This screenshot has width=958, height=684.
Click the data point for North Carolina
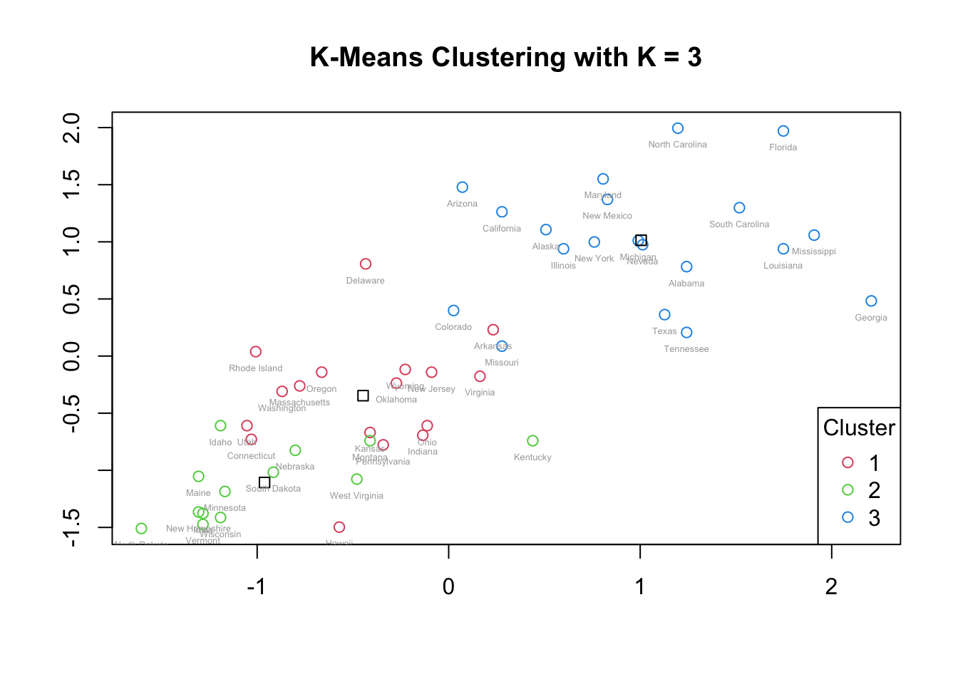[x=678, y=128]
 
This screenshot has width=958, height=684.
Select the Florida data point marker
[x=783, y=131]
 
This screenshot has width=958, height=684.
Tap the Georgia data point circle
[x=871, y=301]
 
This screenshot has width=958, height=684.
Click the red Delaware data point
[x=366, y=264]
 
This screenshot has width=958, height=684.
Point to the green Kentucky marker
[x=532, y=441]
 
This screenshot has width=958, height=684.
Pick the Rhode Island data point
[x=256, y=352]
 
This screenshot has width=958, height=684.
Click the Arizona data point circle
[x=463, y=187]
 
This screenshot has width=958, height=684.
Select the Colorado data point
[x=453, y=311]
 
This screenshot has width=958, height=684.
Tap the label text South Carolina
[x=739, y=224]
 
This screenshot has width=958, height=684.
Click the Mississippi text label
[x=814, y=252]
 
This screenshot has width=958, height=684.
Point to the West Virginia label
[x=356, y=496]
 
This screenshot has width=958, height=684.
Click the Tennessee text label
[x=686, y=349]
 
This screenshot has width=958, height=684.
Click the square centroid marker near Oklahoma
[x=363, y=395]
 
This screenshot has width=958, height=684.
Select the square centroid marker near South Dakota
[x=264, y=482]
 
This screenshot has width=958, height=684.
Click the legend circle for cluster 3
[x=848, y=517]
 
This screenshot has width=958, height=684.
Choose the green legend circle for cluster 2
[x=848, y=489]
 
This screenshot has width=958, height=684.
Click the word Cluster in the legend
[x=859, y=427]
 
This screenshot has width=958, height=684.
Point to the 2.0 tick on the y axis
[x=72, y=128]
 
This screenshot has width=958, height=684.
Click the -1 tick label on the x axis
[x=257, y=586]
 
